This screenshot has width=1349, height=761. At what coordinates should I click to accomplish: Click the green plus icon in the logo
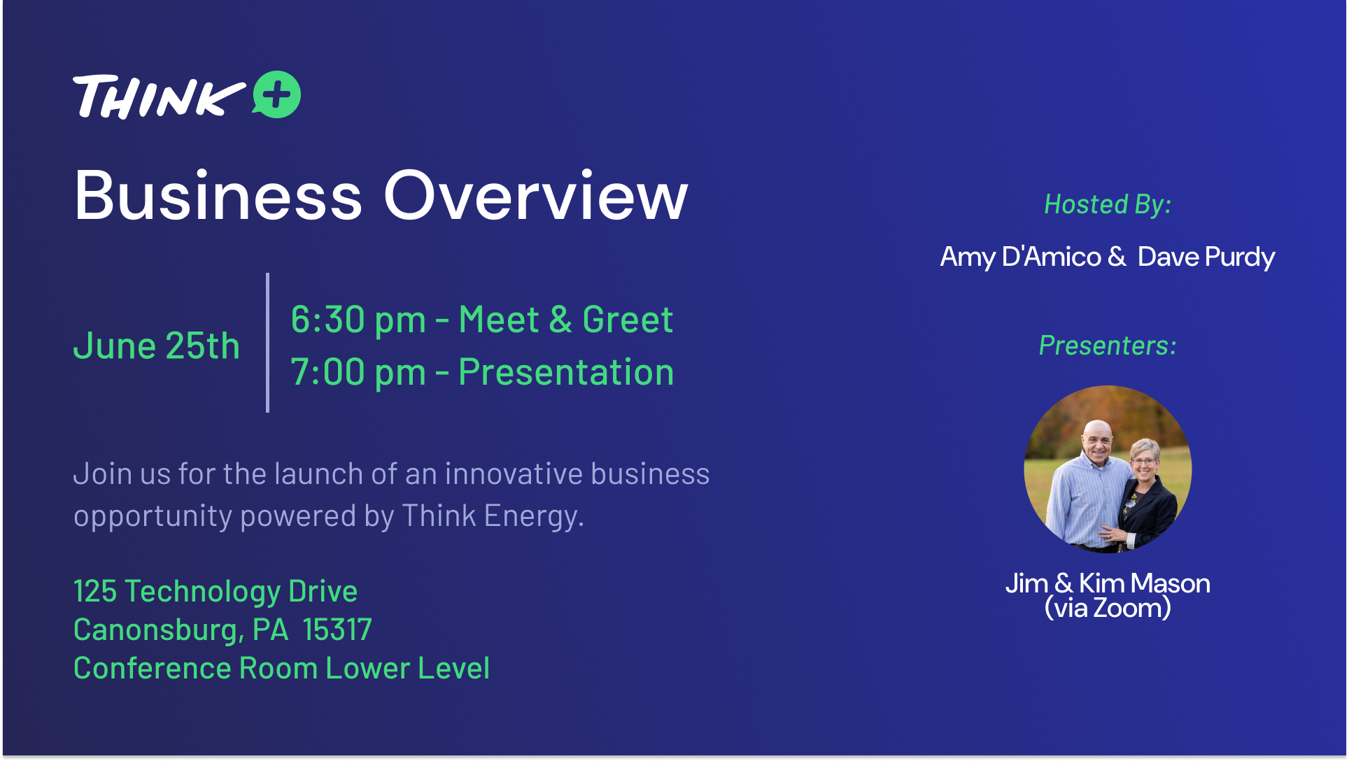click(277, 94)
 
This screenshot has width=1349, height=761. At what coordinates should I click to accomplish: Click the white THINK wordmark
click(160, 97)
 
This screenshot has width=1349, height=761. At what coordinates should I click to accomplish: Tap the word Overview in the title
click(536, 196)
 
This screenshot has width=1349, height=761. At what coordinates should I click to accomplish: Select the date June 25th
click(157, 346)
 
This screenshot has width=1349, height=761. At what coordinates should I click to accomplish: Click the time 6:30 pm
click(358, 320)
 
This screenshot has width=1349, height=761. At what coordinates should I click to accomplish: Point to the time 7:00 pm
click(358, 373)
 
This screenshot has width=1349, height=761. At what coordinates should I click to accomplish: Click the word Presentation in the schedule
click(566, 371)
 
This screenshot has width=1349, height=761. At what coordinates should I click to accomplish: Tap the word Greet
click(628, 320)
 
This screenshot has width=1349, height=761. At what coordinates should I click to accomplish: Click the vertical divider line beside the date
click(267, 343)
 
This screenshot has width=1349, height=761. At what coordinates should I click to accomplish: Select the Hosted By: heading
click(1108, 204)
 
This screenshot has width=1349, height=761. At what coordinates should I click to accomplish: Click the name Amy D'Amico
click(1021, 257)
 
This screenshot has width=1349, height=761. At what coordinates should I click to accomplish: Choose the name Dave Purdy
click(1206, 257)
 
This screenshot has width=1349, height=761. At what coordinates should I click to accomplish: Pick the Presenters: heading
click(1108, 346)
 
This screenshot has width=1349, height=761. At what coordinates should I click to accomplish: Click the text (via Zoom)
click(1108, 608)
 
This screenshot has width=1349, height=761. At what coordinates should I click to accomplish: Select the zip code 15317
click(337, 630)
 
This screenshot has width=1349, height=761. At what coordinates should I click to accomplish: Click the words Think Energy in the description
click(492, 517)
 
